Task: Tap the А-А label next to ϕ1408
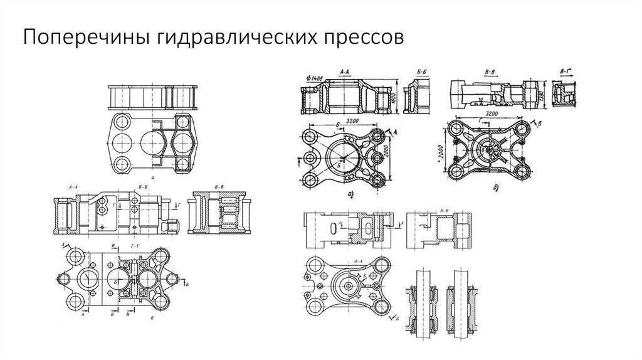click(x=345, y=73)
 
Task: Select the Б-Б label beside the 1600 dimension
click(x=412, y=73)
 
